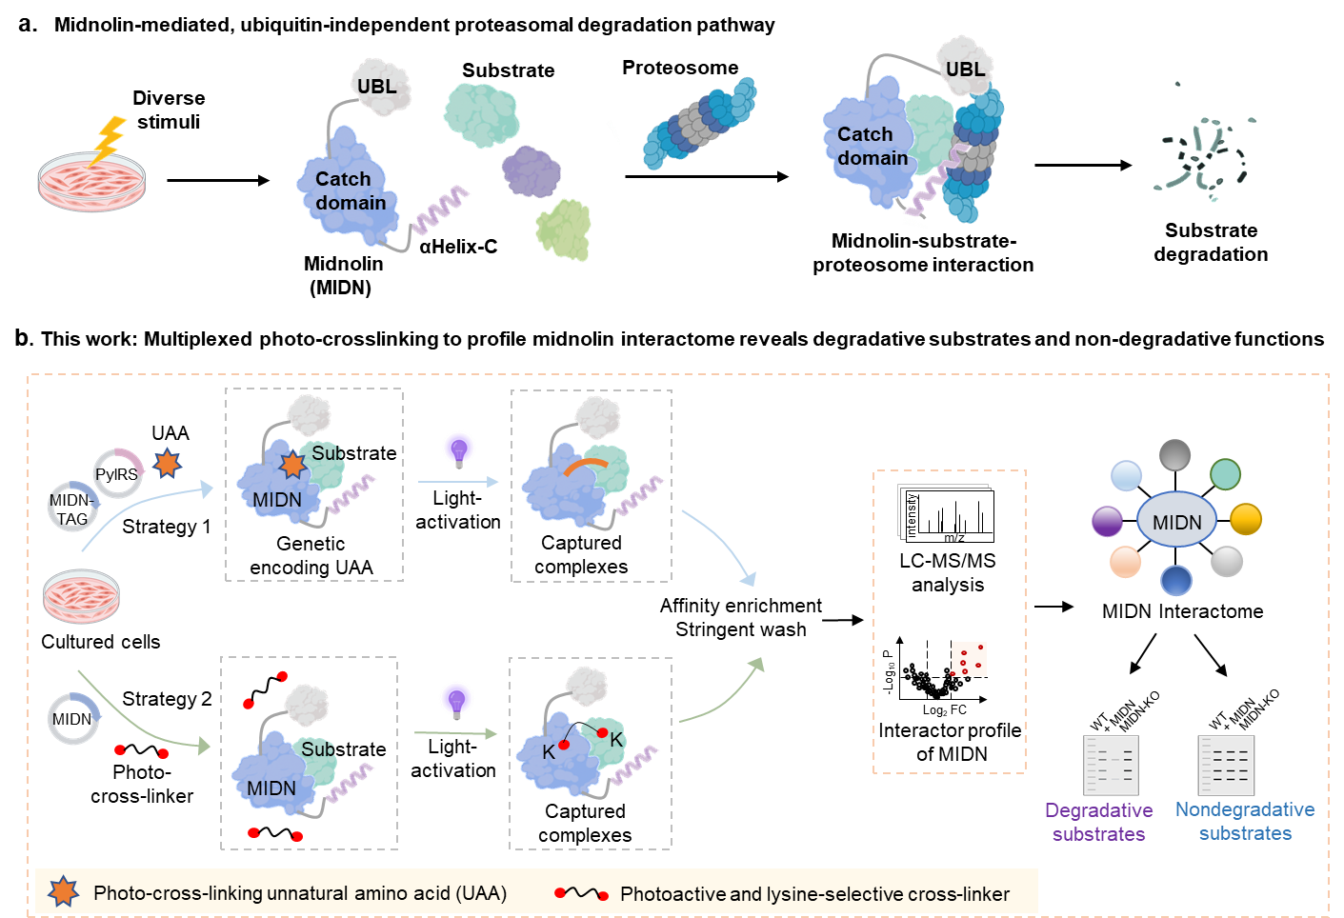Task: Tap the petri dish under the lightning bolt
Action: click(x=91, y=181)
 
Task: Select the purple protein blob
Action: click(x=532, y=171)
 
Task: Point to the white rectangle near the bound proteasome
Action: click(x=832, y=213)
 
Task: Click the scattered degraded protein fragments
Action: click(x=1203, y=156)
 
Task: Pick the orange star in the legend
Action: click(x=63, y=891)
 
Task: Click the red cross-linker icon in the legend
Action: click(x=581, y=893)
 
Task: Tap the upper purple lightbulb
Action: click(x=459, y=449)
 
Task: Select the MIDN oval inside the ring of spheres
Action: click(x=1176, y=521)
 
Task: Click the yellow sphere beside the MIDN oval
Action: click(x=1245, y=519)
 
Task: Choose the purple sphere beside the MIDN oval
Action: click(x=1107, y=521)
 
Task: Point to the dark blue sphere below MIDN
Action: click(x=1176, y=580)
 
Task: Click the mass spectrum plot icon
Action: click(x=947, y=514)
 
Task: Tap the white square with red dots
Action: click(x=969, y=658)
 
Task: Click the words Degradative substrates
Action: click(x=1098, y=822)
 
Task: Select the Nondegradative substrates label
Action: click(x=1245, y=821)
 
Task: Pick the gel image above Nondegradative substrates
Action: click(x=1226, y=765)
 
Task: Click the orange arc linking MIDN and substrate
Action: click(x=585, y=466)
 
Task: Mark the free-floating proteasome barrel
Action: click(x=700, y=124)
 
